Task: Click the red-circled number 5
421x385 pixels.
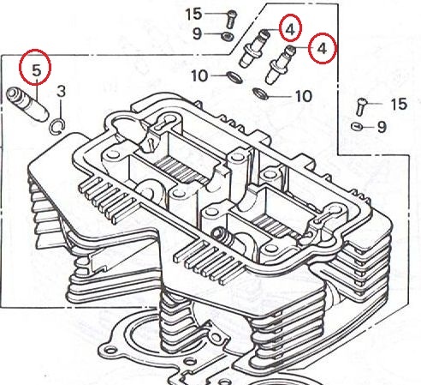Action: point(36,70)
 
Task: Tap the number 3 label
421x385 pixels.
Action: point(61,91)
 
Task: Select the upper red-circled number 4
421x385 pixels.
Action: point(290,29)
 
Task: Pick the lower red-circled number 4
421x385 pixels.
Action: point(322,49)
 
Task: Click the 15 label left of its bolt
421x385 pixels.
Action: point(193,14)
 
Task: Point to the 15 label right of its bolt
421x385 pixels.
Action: point(399,104)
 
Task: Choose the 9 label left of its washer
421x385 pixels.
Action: point(197,33)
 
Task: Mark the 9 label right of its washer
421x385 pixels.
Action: point(382,127)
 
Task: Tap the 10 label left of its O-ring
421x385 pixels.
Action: point(199,76)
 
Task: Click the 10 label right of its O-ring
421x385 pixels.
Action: point(304,96)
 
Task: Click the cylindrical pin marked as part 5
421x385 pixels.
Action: point(27,105)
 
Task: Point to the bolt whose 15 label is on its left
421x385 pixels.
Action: point(231,19)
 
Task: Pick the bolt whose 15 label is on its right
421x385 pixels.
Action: point(361,106)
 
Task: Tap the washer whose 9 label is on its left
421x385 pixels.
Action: point(228,36)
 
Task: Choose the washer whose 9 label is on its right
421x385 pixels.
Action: point(357,126)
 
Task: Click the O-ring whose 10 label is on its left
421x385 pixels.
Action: point(234,77)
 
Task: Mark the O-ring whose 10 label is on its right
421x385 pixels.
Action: point(261,94)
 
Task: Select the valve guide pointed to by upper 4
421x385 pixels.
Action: point(254,48)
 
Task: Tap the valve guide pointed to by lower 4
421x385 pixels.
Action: point(281,64)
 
